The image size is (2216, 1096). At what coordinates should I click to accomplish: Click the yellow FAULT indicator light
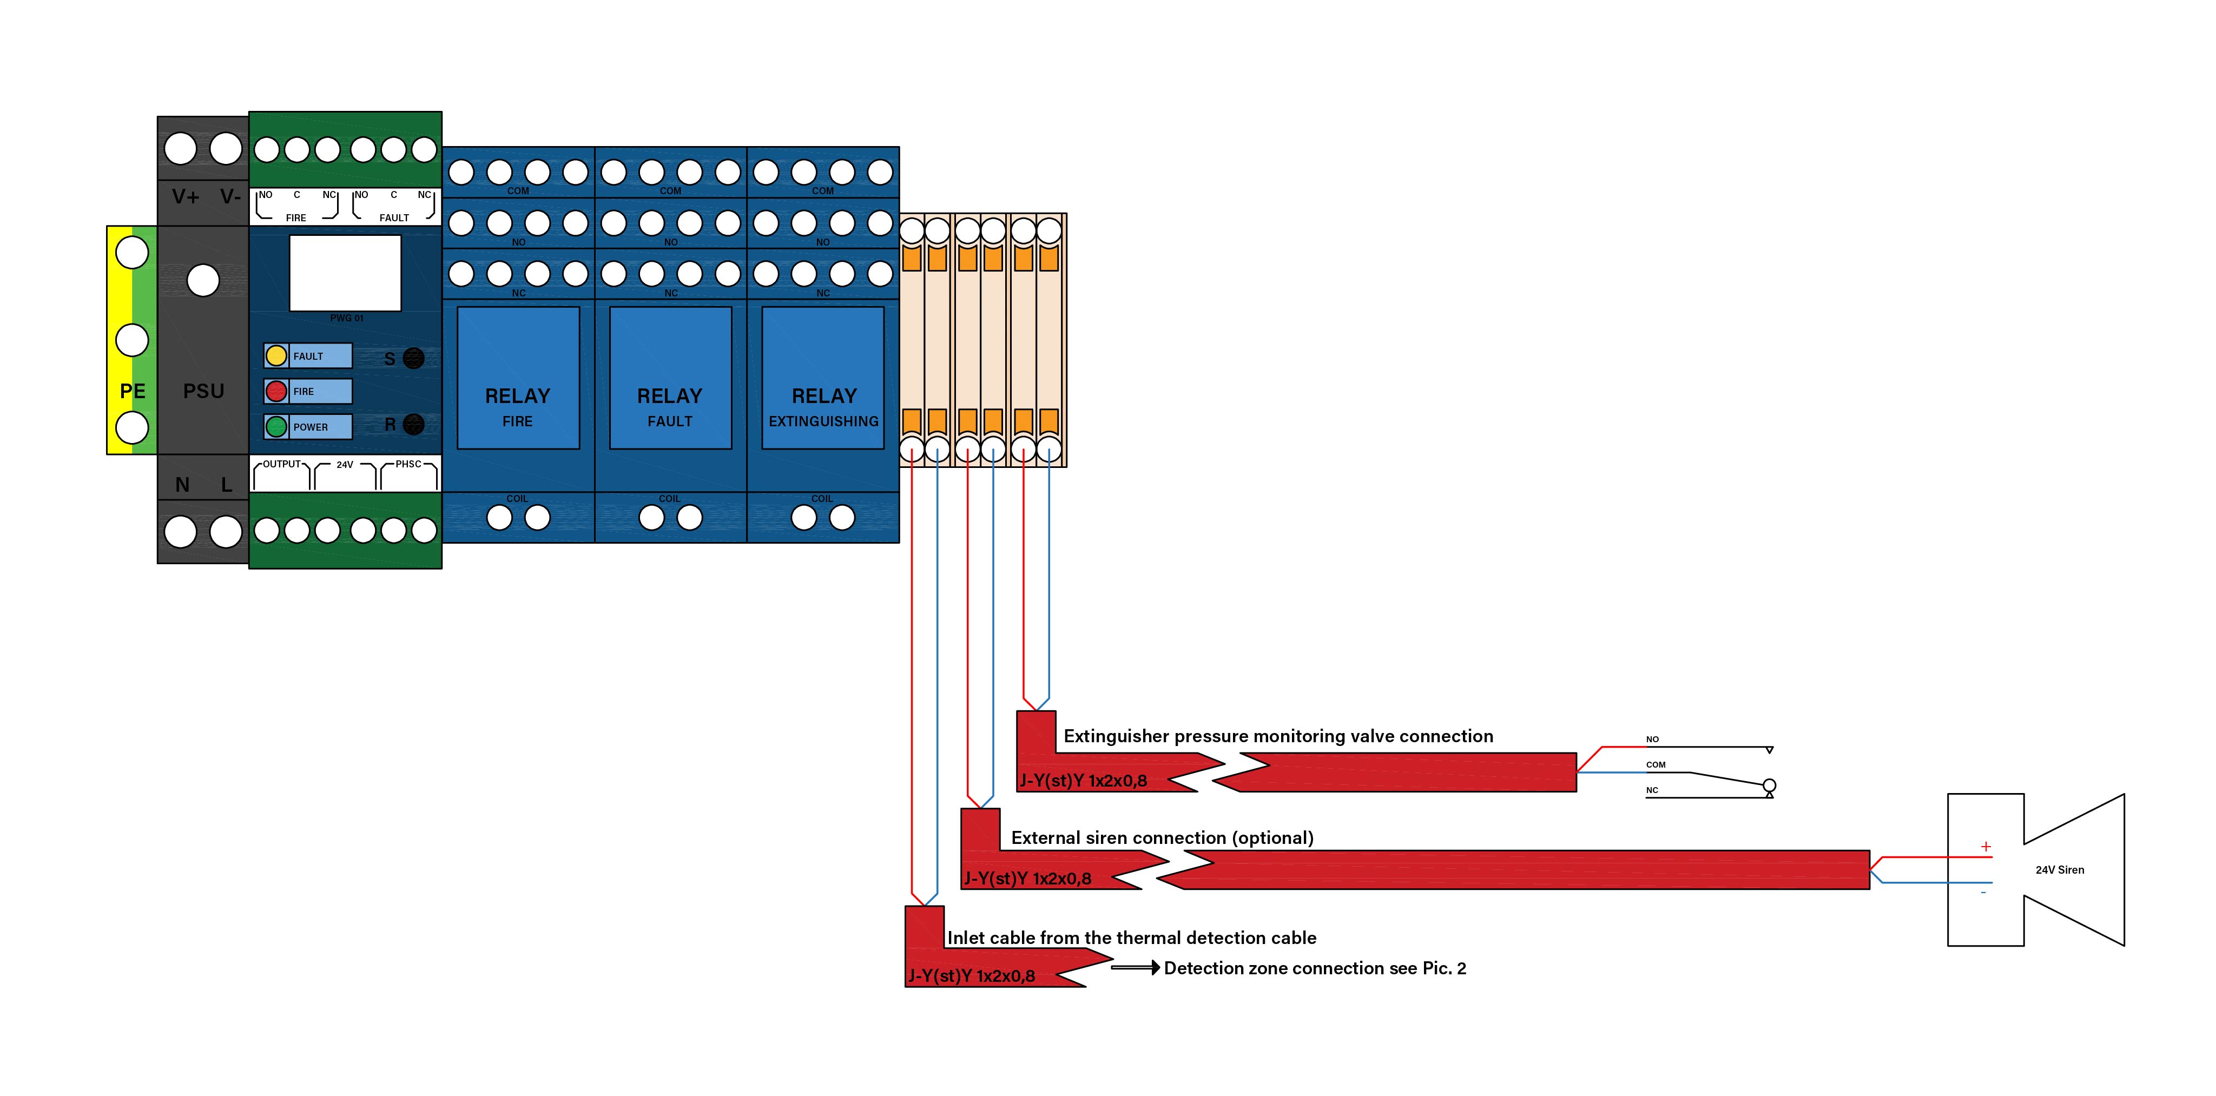pyautogui.click(x=276, y=355)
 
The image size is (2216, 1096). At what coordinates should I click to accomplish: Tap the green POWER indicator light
pyautogui.click(x=276, y=427)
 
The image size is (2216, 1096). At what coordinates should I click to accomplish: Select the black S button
pyautogui.click(x=414, y=358)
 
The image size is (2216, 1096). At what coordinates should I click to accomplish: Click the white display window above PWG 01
pyautogui.click(x=345, y=273)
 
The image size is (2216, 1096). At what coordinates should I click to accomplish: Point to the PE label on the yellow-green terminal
pyautogui.click(x=133, y=392)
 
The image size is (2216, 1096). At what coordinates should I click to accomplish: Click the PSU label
pyautogui.click(x=204, y=392)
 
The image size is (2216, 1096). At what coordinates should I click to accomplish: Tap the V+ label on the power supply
pyautogui.click(x=186, y=197)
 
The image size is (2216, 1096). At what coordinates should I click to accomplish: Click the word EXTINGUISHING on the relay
pyautogui.click(x=823, y=421)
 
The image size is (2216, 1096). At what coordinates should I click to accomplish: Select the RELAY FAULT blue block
pyautogui.click(x=670, y=378)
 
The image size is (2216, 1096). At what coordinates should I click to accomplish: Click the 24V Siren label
pyautogui.click(x=2060, y=870)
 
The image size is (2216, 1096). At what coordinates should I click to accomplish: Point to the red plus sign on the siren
pyautogui.click(x=1986, y=847)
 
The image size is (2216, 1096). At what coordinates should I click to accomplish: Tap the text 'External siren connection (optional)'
pyautogui.click(x=1162, y=838)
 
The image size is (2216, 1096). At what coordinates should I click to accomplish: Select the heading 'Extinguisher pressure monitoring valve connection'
pyautogui.click(x=1278, y=736)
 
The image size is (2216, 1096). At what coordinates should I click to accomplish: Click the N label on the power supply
pyautogui.click(x=182, y=485)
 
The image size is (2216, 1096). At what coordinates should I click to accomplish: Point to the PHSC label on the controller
pyautogui.click(x=408, y=465)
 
